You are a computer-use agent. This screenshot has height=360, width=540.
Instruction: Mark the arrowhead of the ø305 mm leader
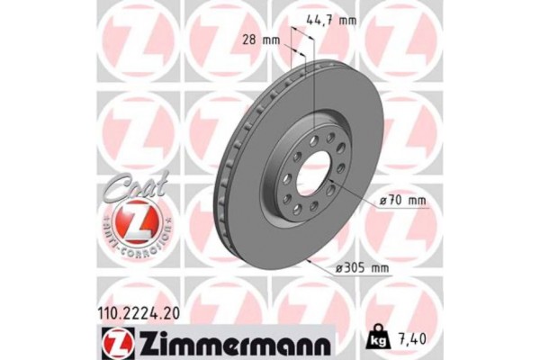coord(310,261)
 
